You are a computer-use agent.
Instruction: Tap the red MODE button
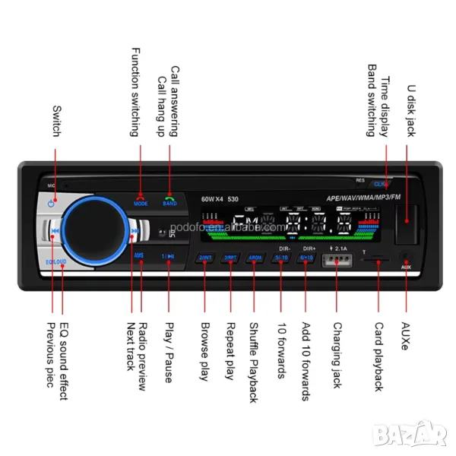141,201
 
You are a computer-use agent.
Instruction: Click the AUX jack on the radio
406,258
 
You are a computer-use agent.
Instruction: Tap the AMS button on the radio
139,256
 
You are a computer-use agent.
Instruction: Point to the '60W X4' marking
215,200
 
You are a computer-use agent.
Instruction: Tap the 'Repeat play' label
229,350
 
